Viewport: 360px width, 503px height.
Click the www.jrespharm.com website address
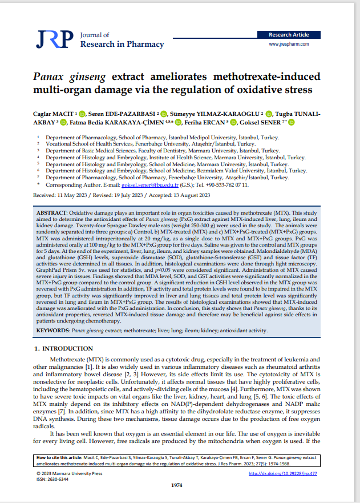tap(289, 44)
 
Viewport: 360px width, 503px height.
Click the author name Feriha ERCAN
tap(203, 122)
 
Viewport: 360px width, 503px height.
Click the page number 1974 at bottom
tap(180, 485)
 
